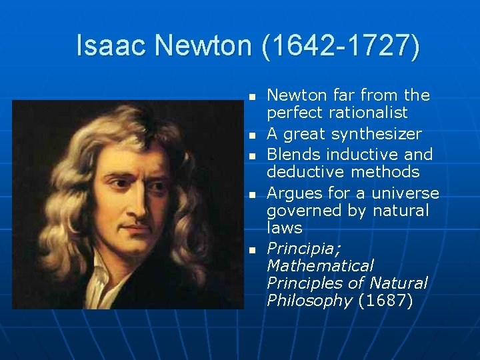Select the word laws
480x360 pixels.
[285, 228]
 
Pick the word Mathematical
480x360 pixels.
[320, 266]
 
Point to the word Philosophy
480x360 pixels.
[309, 301]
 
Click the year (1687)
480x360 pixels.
[385, 301]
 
